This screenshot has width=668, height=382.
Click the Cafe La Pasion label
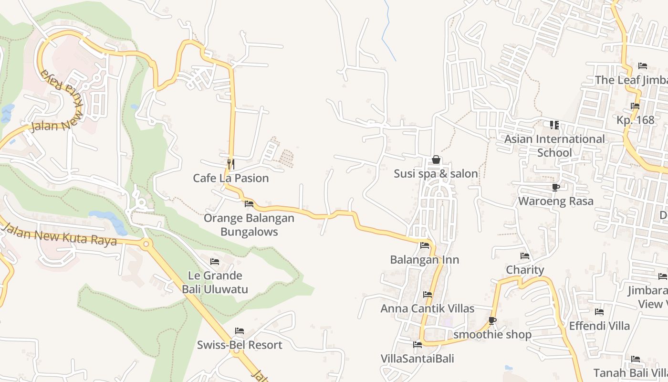tap(231, 178)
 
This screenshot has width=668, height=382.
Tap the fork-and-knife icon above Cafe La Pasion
tap(231, 164)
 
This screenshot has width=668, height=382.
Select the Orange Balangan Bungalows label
tap(249, 225)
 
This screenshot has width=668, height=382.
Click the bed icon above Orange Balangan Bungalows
tap(249, 204)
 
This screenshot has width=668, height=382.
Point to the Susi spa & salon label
tap(436, 174)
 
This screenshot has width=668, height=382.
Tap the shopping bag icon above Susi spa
tap(436, 160)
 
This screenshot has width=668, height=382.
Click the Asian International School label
tap(554, 146)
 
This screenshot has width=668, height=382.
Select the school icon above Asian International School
tap(554, 125)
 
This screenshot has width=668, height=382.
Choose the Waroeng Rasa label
tap(556, 201)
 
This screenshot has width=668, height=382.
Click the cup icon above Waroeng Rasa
tap(555, 187)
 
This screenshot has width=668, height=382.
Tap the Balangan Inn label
tap(425, 260)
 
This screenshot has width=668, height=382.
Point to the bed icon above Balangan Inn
tap(425, 245)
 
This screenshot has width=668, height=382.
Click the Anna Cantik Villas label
tap(428, 308)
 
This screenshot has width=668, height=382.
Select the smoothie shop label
tap(492, 334)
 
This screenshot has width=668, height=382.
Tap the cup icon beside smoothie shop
tap(492, 320)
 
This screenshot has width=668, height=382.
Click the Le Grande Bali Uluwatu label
tap(215, 282)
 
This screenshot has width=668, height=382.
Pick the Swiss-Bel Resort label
tap(240, 345)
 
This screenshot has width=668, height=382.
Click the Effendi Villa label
tap(599, 326)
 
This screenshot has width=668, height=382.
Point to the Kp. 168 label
tap(636, 120)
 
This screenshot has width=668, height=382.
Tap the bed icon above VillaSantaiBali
tap(417, 344)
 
